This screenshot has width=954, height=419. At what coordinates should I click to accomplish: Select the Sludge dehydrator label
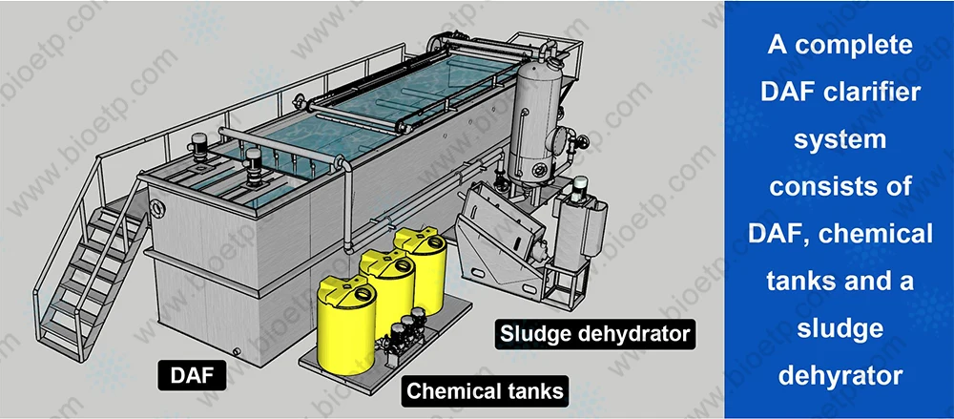point(593,334)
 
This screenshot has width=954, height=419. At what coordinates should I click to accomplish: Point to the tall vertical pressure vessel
point(530,124)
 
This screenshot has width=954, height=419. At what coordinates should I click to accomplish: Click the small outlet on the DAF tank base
point(237,352)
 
